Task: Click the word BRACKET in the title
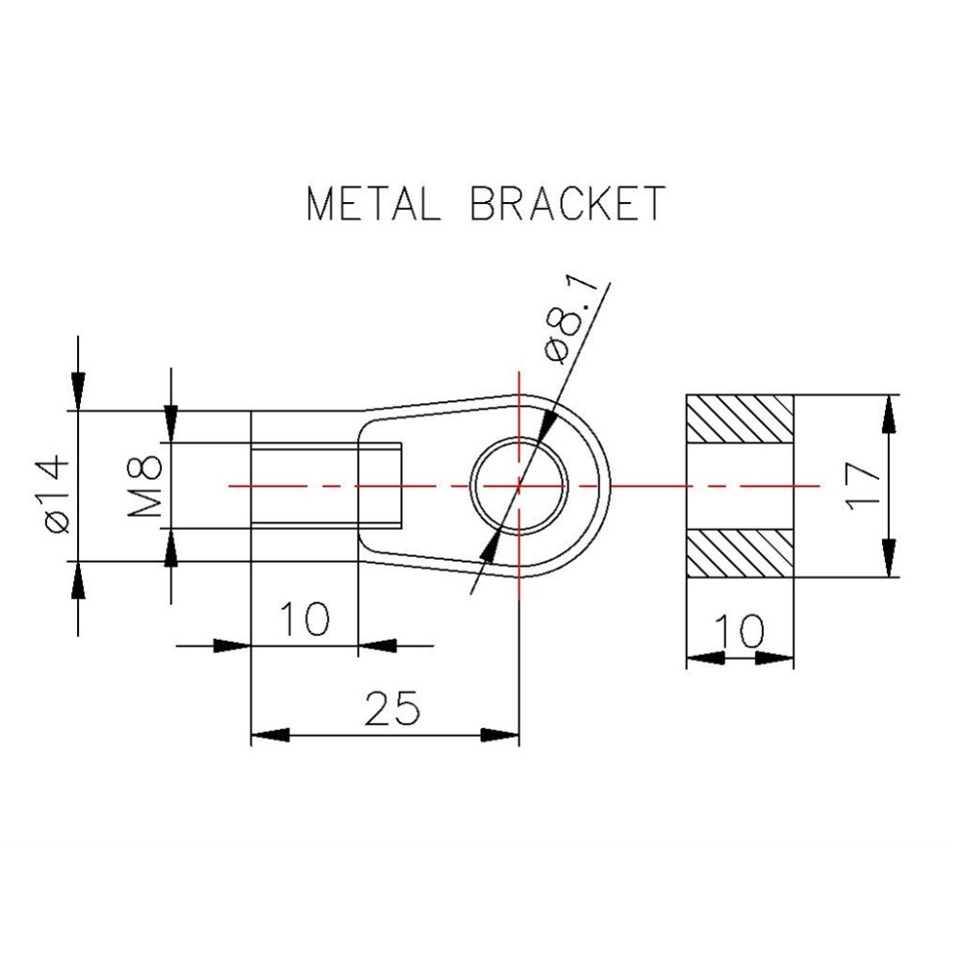tap(568, 205)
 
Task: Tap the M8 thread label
tap(146, 487)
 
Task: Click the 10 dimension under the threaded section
tap(303, 618)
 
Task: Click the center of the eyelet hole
tap(519, 486)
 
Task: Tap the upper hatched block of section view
tap(740, 418)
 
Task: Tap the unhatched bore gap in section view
tap(740, 486)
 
